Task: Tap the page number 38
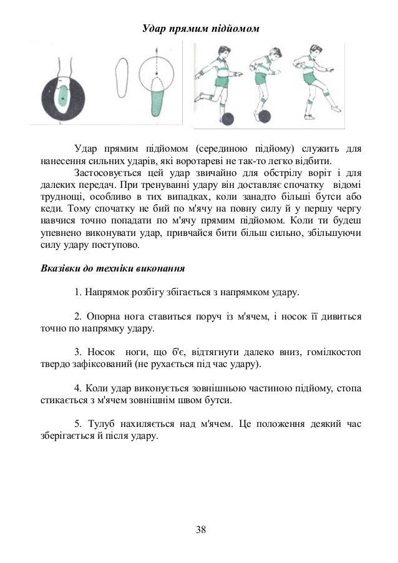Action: [x=200, y=530]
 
